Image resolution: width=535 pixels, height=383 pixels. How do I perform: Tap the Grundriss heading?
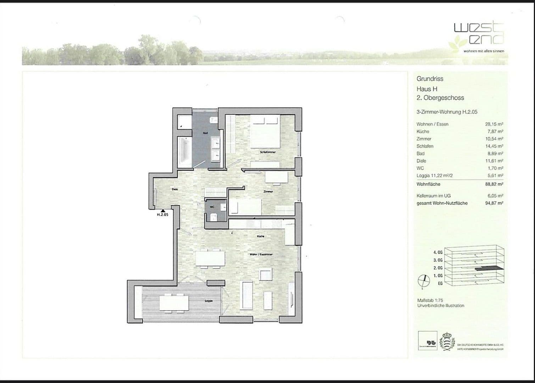coord(430,79)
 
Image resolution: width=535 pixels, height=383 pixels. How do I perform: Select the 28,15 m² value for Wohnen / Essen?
coord(494,124)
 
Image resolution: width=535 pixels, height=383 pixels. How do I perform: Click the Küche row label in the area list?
coord(423,132)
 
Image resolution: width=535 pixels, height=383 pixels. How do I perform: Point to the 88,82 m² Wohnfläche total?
coord(494,184)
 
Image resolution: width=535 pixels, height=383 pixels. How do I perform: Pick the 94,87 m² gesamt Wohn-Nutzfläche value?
coord(494,203)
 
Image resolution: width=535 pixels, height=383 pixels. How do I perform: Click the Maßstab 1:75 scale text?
coord(430,300)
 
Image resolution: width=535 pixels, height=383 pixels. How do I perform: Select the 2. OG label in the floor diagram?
coord(438,268)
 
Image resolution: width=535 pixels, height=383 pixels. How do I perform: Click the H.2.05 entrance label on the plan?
coord(162,215)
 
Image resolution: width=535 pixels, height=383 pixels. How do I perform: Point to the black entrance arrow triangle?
coord(162,210)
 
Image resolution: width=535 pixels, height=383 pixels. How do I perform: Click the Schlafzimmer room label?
coord(268,152)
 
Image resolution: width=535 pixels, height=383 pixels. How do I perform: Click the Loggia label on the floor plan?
coord(208,301)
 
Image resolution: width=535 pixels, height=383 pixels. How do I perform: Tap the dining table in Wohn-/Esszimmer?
coord(210,258)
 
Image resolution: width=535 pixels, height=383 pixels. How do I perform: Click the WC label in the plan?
coord(212,206)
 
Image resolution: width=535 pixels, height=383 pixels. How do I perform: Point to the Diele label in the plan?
coord(174,189)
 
